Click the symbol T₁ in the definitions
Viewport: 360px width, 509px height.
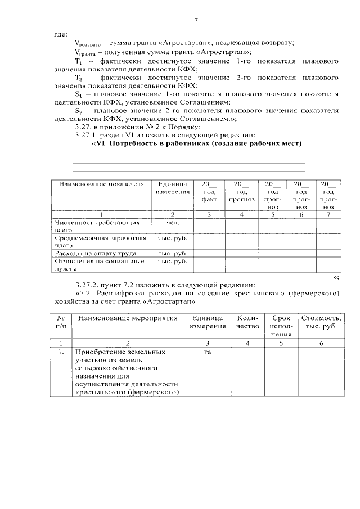(78, 60)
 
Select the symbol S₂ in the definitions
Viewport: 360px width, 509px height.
(79, 111)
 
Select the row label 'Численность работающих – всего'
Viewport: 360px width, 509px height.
(98, 226)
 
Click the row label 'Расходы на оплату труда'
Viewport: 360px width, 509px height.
(95, 253)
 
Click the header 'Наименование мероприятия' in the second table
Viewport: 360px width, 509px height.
(128, 318)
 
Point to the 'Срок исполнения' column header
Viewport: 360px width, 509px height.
(281, 326)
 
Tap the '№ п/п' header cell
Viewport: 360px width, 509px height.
(61, 322)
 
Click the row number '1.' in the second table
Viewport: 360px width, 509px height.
(61, 352)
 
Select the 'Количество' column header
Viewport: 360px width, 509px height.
(247, 322)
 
